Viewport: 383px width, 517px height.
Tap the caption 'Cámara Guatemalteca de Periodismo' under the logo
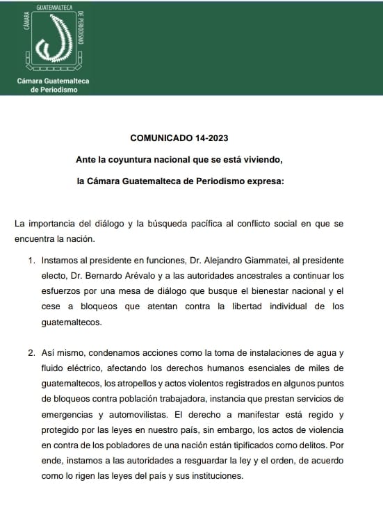[x=54, y=85]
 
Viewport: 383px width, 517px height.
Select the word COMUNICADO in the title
[x=156, y=139]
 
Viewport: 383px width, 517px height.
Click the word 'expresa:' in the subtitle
[x=266, y=182]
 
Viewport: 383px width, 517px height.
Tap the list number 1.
[x=32, y=261]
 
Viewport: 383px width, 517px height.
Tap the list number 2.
[x=32, y=353]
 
